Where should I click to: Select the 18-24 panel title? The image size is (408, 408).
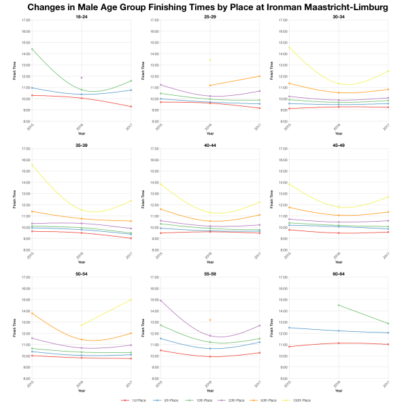[x=81, y=16]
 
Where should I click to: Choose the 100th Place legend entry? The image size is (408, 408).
[x=297, y=401]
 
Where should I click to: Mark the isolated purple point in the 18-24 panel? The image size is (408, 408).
[x=82, y=78]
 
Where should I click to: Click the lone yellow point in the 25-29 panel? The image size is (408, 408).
[x=209, y=60]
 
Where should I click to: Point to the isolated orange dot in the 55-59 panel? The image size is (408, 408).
[x=209, y=320]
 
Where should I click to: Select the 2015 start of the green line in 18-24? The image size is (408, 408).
[x=31, y=48]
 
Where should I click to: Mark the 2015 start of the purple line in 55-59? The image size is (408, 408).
[x=160, y=300]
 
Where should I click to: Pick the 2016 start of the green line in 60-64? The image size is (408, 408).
[x=338, y=305]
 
